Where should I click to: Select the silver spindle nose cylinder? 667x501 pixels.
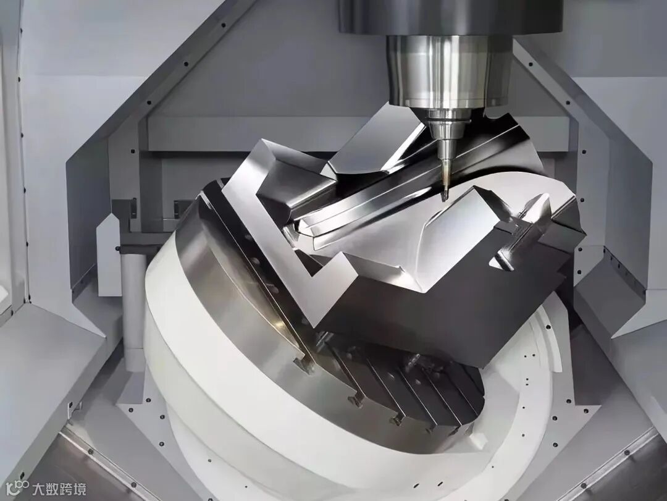tap(448, 70)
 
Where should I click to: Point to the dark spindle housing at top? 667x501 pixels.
tap(451, 17)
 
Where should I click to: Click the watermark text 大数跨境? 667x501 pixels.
tap(59, 489)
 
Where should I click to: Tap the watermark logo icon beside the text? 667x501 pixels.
tap(17, 488)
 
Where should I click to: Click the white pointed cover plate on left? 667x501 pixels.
tap(108, 255)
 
